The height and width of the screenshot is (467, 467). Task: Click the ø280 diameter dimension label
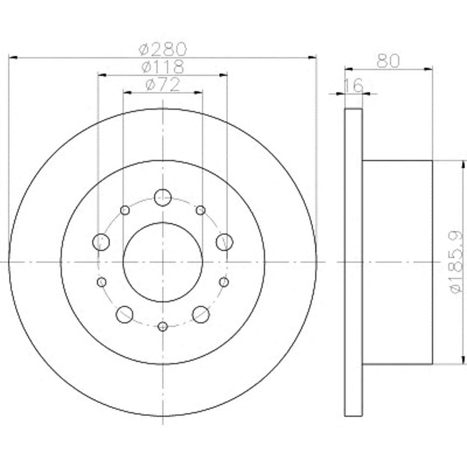(x=163, y=49)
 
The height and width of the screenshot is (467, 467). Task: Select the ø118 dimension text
(x=163, y=67)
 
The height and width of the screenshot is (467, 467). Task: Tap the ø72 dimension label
(x=163, y=85)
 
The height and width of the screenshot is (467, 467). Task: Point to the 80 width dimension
(x=388, y=61)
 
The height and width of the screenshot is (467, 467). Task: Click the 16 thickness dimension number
(x=354, y=85)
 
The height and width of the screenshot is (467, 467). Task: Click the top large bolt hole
(x=163, y=198)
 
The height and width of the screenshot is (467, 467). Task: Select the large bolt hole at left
(x=101, y=242)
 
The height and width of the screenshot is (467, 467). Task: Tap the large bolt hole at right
(x=224, y=242)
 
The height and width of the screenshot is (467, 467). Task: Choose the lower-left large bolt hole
(x=125, y=314)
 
